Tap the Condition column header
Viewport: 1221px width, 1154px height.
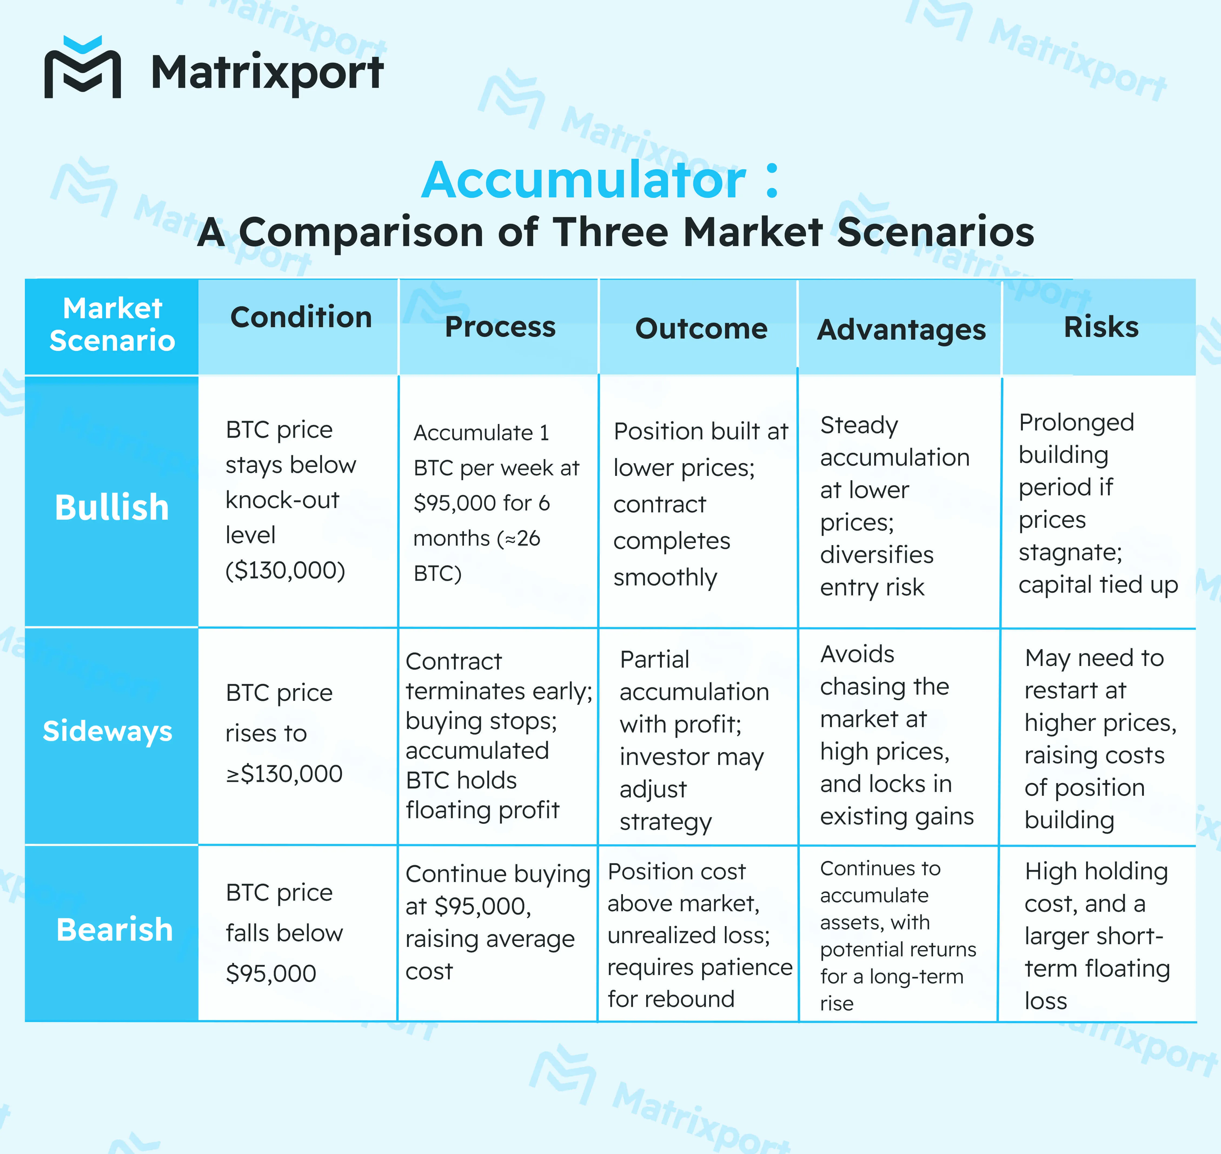[301, 317]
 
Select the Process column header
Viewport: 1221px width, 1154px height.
[500, 327]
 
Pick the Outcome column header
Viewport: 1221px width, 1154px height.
[701, 329]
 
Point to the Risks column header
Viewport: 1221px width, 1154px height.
[1101, 327]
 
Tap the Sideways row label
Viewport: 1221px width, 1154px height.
[108, 731]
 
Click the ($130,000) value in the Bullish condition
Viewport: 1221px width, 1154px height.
[286, 570]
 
